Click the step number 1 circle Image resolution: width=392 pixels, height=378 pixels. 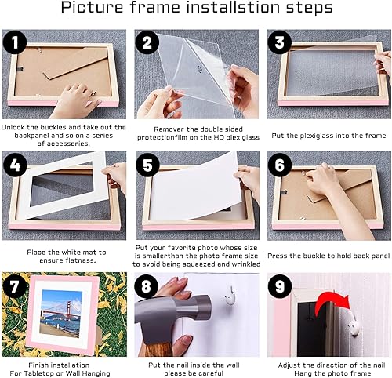click(14, 42)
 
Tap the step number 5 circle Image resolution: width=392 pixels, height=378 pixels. click(147, 165)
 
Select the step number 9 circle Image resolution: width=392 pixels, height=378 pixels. click(280, 285)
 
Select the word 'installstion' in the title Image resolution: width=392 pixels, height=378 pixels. click(234, 7)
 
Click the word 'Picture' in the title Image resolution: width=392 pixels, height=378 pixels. click(92, 7)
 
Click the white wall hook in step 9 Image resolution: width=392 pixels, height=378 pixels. click(353, 325)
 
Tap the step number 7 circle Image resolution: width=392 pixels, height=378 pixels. click(14, 285)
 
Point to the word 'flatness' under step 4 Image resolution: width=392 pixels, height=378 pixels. click(81, 260)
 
